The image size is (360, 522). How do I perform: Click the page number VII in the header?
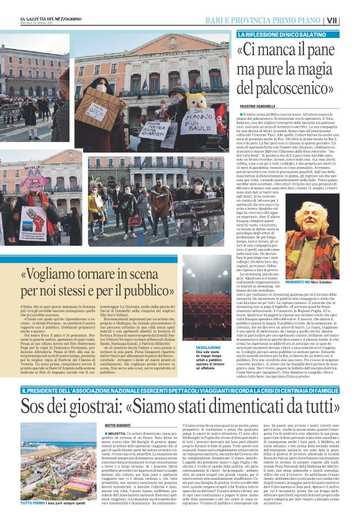pos(349,20)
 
